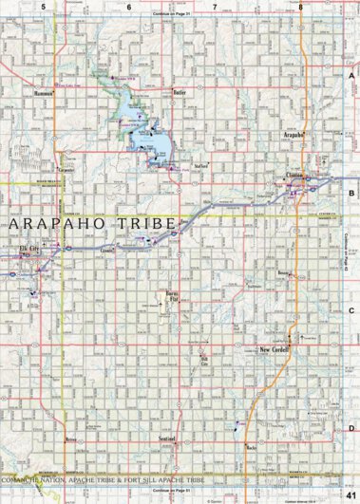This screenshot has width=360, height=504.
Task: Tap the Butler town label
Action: click(179, 92)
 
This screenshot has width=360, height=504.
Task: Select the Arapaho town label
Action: click(294, 136)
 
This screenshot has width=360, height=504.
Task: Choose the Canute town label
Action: click(107, 251)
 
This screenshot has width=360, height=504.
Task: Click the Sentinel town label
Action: click(167, 440)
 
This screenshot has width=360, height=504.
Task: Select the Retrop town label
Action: click(69, 440)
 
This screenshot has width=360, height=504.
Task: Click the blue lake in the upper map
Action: click(152, 138)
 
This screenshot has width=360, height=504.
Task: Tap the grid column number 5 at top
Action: click(44, 7)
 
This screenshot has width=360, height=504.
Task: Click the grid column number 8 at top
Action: click(300, 7)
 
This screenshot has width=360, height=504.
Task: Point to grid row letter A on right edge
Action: click(351, 76)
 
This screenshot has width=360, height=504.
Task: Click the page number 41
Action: click(351, 495)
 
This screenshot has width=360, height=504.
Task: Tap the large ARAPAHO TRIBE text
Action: click(90, 224)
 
